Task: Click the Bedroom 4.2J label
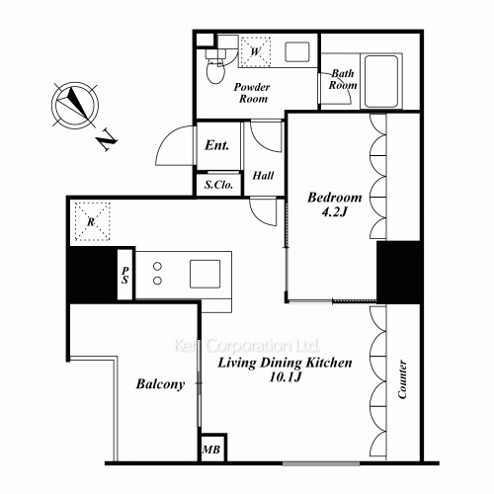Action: click(335, 205)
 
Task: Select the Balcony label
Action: click(160, 384)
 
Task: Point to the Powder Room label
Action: click(252, 93)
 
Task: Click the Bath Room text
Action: click(343, 79)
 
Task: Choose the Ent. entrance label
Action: click(216, 145)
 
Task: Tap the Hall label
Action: click(263, 175)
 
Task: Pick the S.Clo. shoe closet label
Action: click(218, 185)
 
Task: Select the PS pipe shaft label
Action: click(125, 275)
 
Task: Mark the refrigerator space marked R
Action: click(92, 221)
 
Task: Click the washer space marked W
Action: click(255, 51)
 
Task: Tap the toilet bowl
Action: click(215, 70)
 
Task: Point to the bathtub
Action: click(381, 81)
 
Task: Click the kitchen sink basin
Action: click(206, 274)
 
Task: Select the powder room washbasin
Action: click(297, 51)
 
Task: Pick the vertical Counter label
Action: click(402, 379)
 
